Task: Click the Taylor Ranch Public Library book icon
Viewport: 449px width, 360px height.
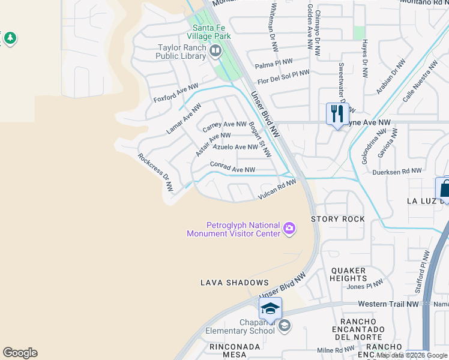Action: coord(215,52)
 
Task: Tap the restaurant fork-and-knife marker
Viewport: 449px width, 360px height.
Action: coord(337,113)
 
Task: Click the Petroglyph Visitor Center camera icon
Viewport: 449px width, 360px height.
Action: coord(289,228)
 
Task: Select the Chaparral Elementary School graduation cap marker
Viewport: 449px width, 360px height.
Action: coord(270,308)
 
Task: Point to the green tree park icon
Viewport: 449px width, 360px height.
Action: coord(10,38)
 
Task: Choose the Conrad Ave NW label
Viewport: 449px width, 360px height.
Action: coord(233,167)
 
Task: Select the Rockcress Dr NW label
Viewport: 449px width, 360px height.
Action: coord(155,173)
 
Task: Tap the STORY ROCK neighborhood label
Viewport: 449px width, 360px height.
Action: coord(338,219)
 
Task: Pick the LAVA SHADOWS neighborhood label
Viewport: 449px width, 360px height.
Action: coord(235,282)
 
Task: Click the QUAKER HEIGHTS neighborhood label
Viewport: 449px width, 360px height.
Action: coord(348,274)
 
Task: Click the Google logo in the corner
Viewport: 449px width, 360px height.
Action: coord(20,353)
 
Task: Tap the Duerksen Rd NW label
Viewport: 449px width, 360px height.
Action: coord(397,171)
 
